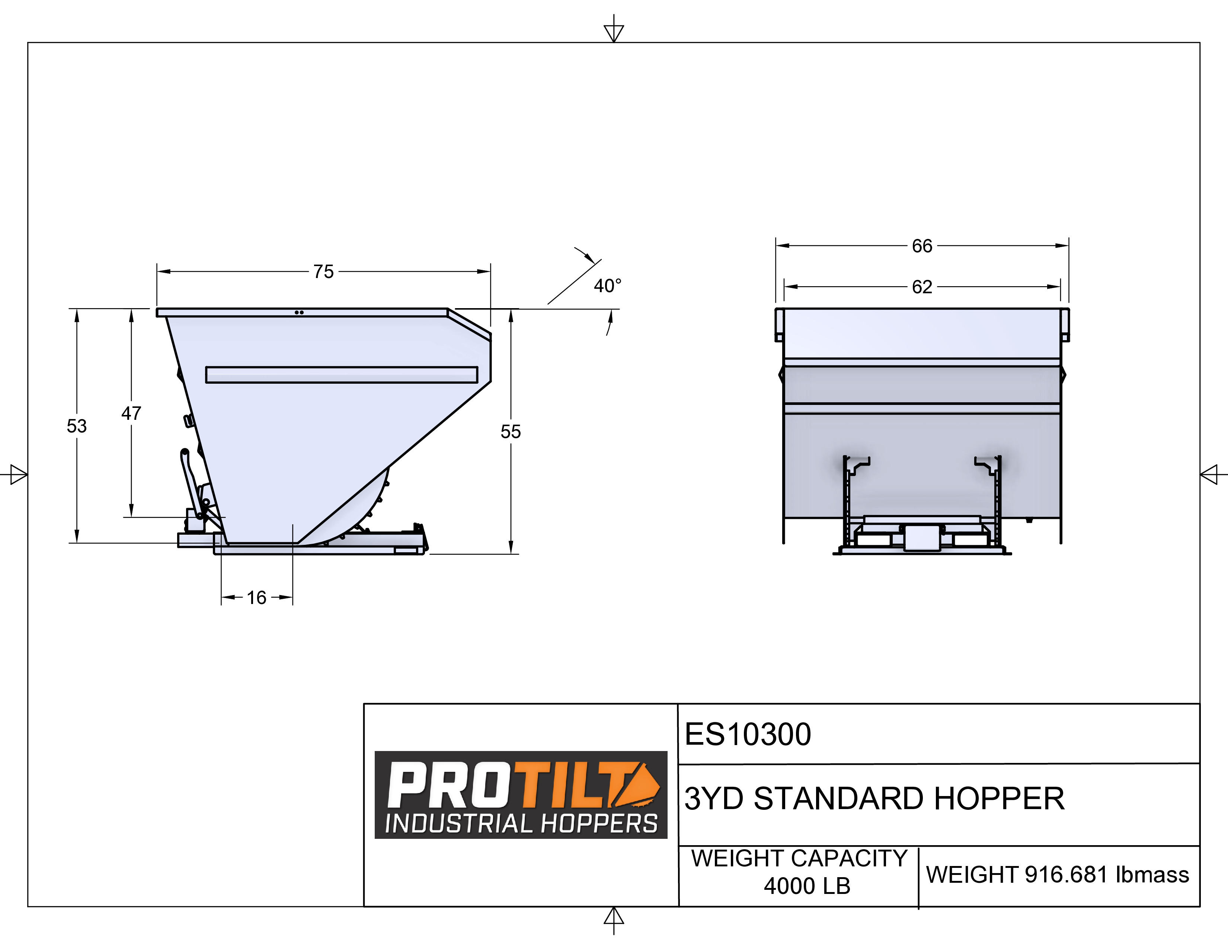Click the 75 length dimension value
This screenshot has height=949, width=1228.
pyautogui.click(x=323, y=272)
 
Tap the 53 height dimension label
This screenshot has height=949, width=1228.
pyautogui.click(x=77, y=426)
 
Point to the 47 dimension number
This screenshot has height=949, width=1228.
pyautogui.click(x=131, y=413)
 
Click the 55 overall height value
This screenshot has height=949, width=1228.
pyautogui.click(x=511, y=432)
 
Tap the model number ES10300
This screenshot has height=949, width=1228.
pyautogui.click(x=748, y=734)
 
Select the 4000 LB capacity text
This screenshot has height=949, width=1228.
pyautogui.click(x=807, y=886)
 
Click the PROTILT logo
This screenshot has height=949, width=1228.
pyautogui.click(x=520, y=784)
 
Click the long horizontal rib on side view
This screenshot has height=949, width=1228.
pyautogui.click(x=341, y=374)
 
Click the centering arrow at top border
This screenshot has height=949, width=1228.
pyautogui.click(x=613, y=31)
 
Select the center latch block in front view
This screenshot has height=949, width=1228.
pyautogui.click(x=922, y=537)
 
